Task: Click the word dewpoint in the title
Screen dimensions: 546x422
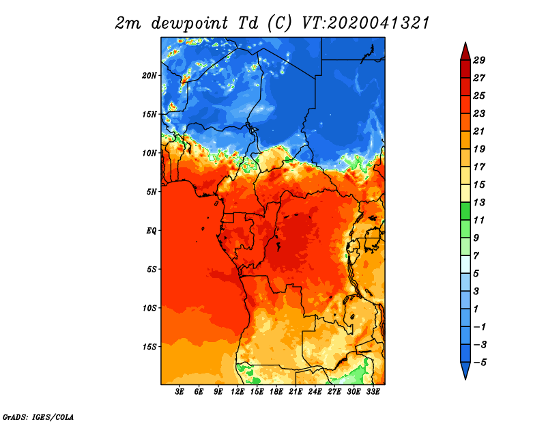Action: [x=190, y=24]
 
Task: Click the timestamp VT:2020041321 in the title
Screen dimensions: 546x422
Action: [x=366, y=23]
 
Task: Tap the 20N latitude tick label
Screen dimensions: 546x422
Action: [x=149, y=76]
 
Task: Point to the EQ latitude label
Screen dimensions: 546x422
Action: [x=152, y=231]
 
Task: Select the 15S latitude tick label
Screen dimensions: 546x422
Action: [x=149, y=347]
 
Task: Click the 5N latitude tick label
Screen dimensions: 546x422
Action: [x=152, y=192]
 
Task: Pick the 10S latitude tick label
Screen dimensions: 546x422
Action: [x=149, y=308]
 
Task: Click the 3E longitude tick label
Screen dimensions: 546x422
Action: [x=179, y=392]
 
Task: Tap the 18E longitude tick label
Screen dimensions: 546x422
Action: [x=276, y=392]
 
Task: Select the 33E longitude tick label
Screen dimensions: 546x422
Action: [x=373, y=392]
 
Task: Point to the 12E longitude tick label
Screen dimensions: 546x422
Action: [x=238, y=392]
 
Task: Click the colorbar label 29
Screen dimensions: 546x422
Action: [x=479, y=60]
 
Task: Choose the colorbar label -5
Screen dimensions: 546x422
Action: [x=480, y=363]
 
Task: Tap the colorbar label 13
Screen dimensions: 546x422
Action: [x=479, y=202]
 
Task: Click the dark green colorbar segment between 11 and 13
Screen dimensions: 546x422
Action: [x=465, y=211]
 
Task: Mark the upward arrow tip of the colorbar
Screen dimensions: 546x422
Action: [x=465, y=42]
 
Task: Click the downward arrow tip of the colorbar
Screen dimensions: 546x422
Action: [x=465, y=379]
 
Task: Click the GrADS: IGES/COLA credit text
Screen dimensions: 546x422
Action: [x=38, y=417]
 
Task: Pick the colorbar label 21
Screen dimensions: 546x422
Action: [x=479, y=131]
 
